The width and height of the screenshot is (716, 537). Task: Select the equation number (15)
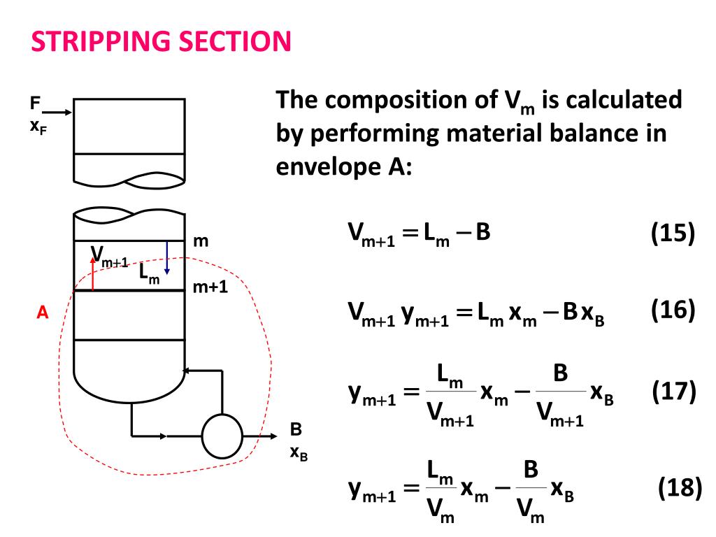pyautogui.click(x=672, y=233)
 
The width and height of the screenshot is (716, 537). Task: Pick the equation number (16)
pyautogui.click(x=672, y=310)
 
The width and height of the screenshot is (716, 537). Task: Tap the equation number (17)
pyautogui.click(x=672, y=391)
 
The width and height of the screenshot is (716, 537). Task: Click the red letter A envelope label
pyautogui.click(x=42, y=313)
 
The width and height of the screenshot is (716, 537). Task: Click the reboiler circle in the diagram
pyautogui.click(x=222, y=436)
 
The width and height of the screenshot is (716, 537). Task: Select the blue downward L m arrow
pyautogui.click(x=166, y=258)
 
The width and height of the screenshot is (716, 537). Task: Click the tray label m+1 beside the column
pyautogui.click(x=210, y=287)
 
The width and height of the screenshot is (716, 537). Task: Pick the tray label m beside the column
pyautogui.click(x=201, y=241)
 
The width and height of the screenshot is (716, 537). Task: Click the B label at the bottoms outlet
pyautogui.click(x=296, y=430)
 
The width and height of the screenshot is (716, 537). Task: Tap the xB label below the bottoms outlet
pyautogui.click(x=299, y=453)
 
